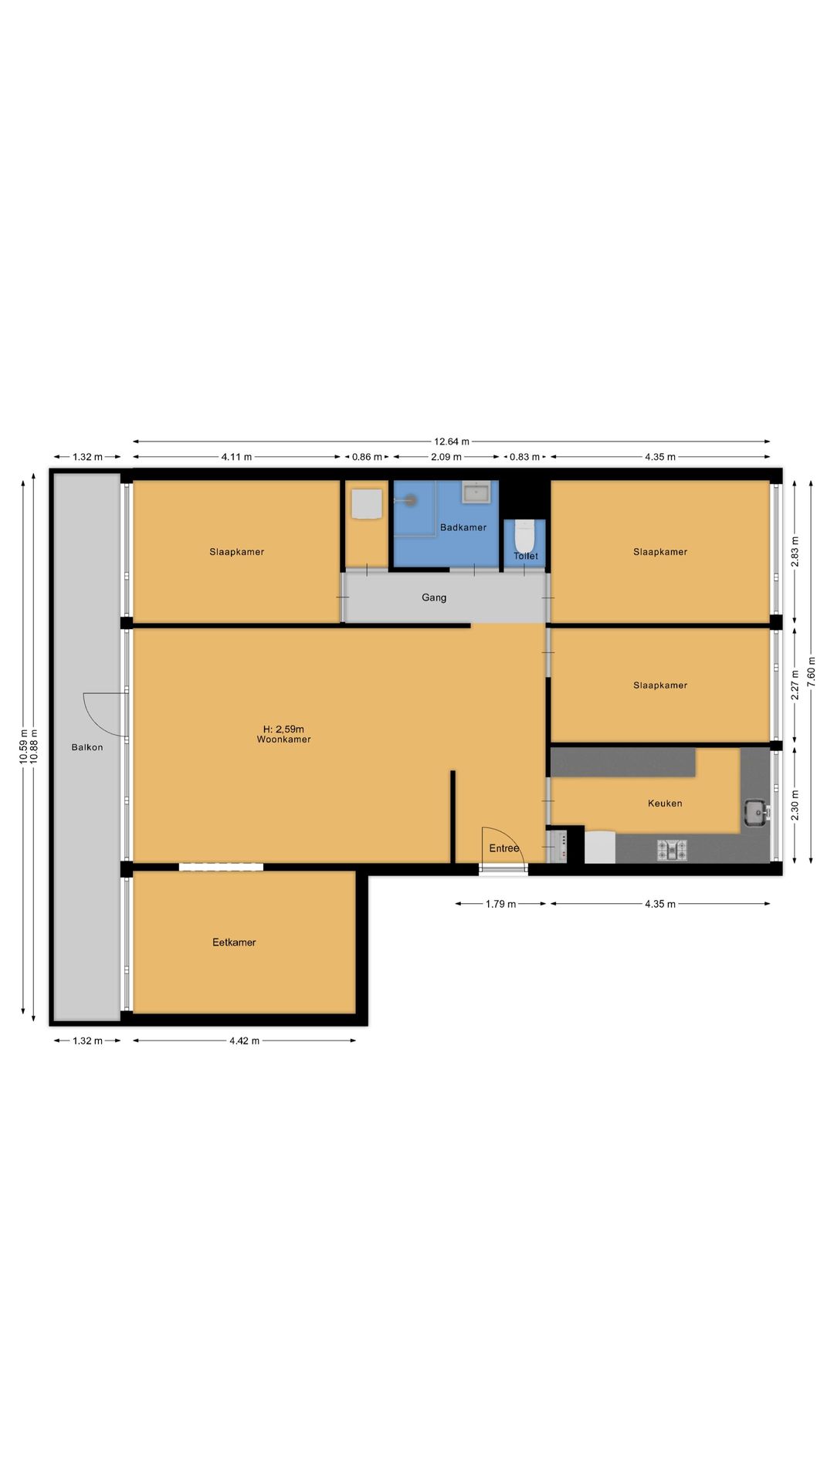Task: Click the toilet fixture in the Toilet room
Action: point(524,536)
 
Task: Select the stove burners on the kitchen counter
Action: point(672,850)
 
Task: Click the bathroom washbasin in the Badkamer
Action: point(476,492)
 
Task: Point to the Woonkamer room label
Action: point(284,739)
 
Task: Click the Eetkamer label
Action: point(234,942)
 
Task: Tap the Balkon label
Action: point(87,747)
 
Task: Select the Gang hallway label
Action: point(434,597)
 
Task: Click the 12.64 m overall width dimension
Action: point(452,442)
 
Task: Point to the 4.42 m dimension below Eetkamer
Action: point(244,1040)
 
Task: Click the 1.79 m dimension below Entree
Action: point(500,904)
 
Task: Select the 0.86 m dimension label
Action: point(367,457)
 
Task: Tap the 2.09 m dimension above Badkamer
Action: point(446,457)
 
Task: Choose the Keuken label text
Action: point(665,804)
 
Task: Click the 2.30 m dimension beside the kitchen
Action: point(795,805)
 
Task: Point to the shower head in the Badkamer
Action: point(411,500)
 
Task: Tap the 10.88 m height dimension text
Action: point(34,746)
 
